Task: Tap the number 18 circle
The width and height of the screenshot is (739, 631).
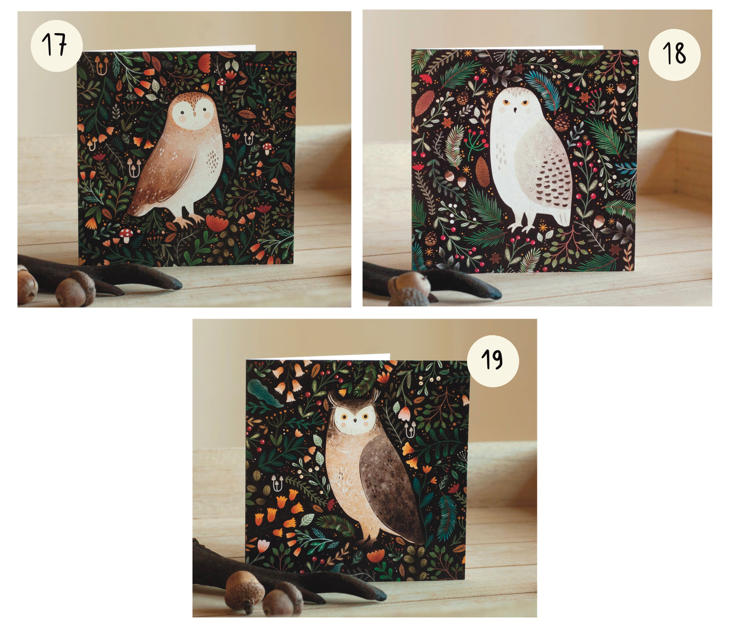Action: pos(674,55)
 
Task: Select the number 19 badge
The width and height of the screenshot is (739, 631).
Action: pos(492,361)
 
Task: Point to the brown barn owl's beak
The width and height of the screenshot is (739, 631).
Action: pos(194,114)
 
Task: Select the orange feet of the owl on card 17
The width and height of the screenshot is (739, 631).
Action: pos(188,220)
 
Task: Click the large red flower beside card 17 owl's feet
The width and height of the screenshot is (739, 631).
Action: pos(217,223)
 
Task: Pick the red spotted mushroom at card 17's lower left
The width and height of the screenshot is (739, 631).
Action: pos(126,234)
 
